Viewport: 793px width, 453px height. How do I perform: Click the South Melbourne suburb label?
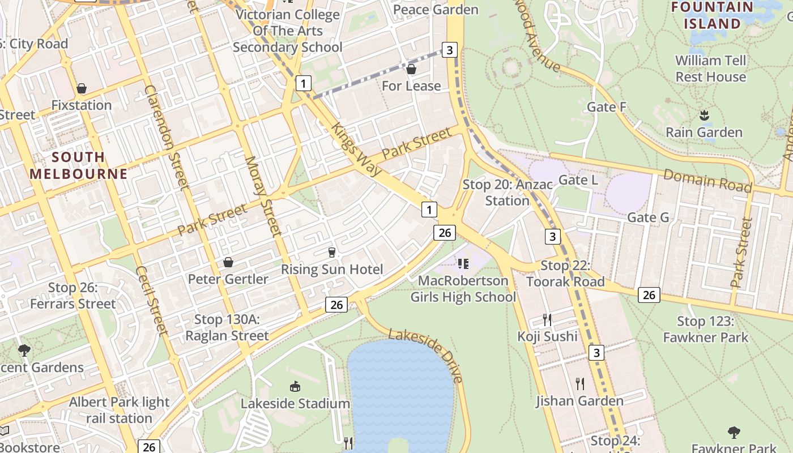[x=79, y=165]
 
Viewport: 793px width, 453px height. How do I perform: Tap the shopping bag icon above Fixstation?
[x=82, y=88]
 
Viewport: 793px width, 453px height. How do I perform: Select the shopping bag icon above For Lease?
[x=411, y=69]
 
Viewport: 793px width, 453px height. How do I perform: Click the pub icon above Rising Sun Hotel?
[x=332, y=252]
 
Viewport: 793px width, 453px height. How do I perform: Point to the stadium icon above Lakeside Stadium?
[x=295, y=387]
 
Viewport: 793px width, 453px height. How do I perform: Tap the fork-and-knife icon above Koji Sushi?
[x=547, y=320]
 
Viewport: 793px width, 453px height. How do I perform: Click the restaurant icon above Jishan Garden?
[x=579, y=384]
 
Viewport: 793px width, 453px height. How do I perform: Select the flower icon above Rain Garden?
[x=704, y=116]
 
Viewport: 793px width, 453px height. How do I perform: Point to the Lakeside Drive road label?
[x=427, y=356]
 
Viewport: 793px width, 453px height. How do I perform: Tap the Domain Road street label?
[x=707, y=181]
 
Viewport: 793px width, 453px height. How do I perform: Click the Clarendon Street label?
[x=167, y=136]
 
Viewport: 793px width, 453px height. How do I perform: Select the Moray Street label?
[x=263, y=196]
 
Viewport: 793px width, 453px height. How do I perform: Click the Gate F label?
[x=606, y=107]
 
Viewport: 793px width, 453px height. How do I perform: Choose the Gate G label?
[x=648, y=217]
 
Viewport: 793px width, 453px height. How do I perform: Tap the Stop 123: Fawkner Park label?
[x=706, y=330]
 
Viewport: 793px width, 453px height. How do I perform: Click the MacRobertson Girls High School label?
[x=463, y=289]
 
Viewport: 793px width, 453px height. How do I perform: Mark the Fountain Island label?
[x=712, y=15]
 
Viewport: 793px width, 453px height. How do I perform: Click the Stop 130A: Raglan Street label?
[x=227, y=327]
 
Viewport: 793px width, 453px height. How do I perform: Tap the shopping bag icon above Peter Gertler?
[x=228, y=262]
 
